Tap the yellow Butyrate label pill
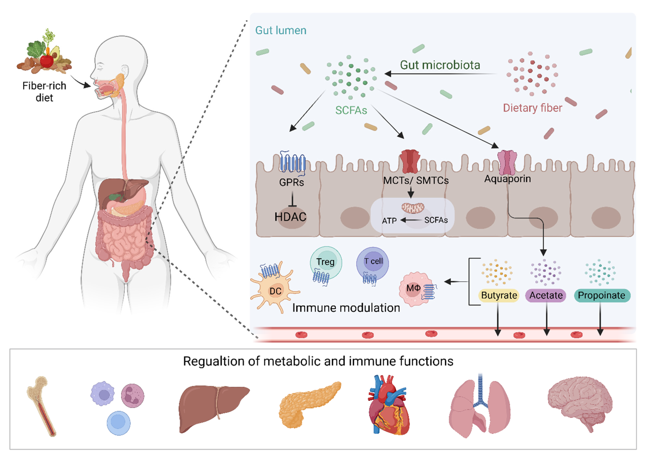pos(499,295)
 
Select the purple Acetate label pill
pos(546,295)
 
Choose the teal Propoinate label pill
pos(602,295)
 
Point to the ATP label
pos(389,221)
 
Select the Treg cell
pos(326,262)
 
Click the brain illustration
pos(580,401)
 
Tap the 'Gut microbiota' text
pos(440,65)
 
